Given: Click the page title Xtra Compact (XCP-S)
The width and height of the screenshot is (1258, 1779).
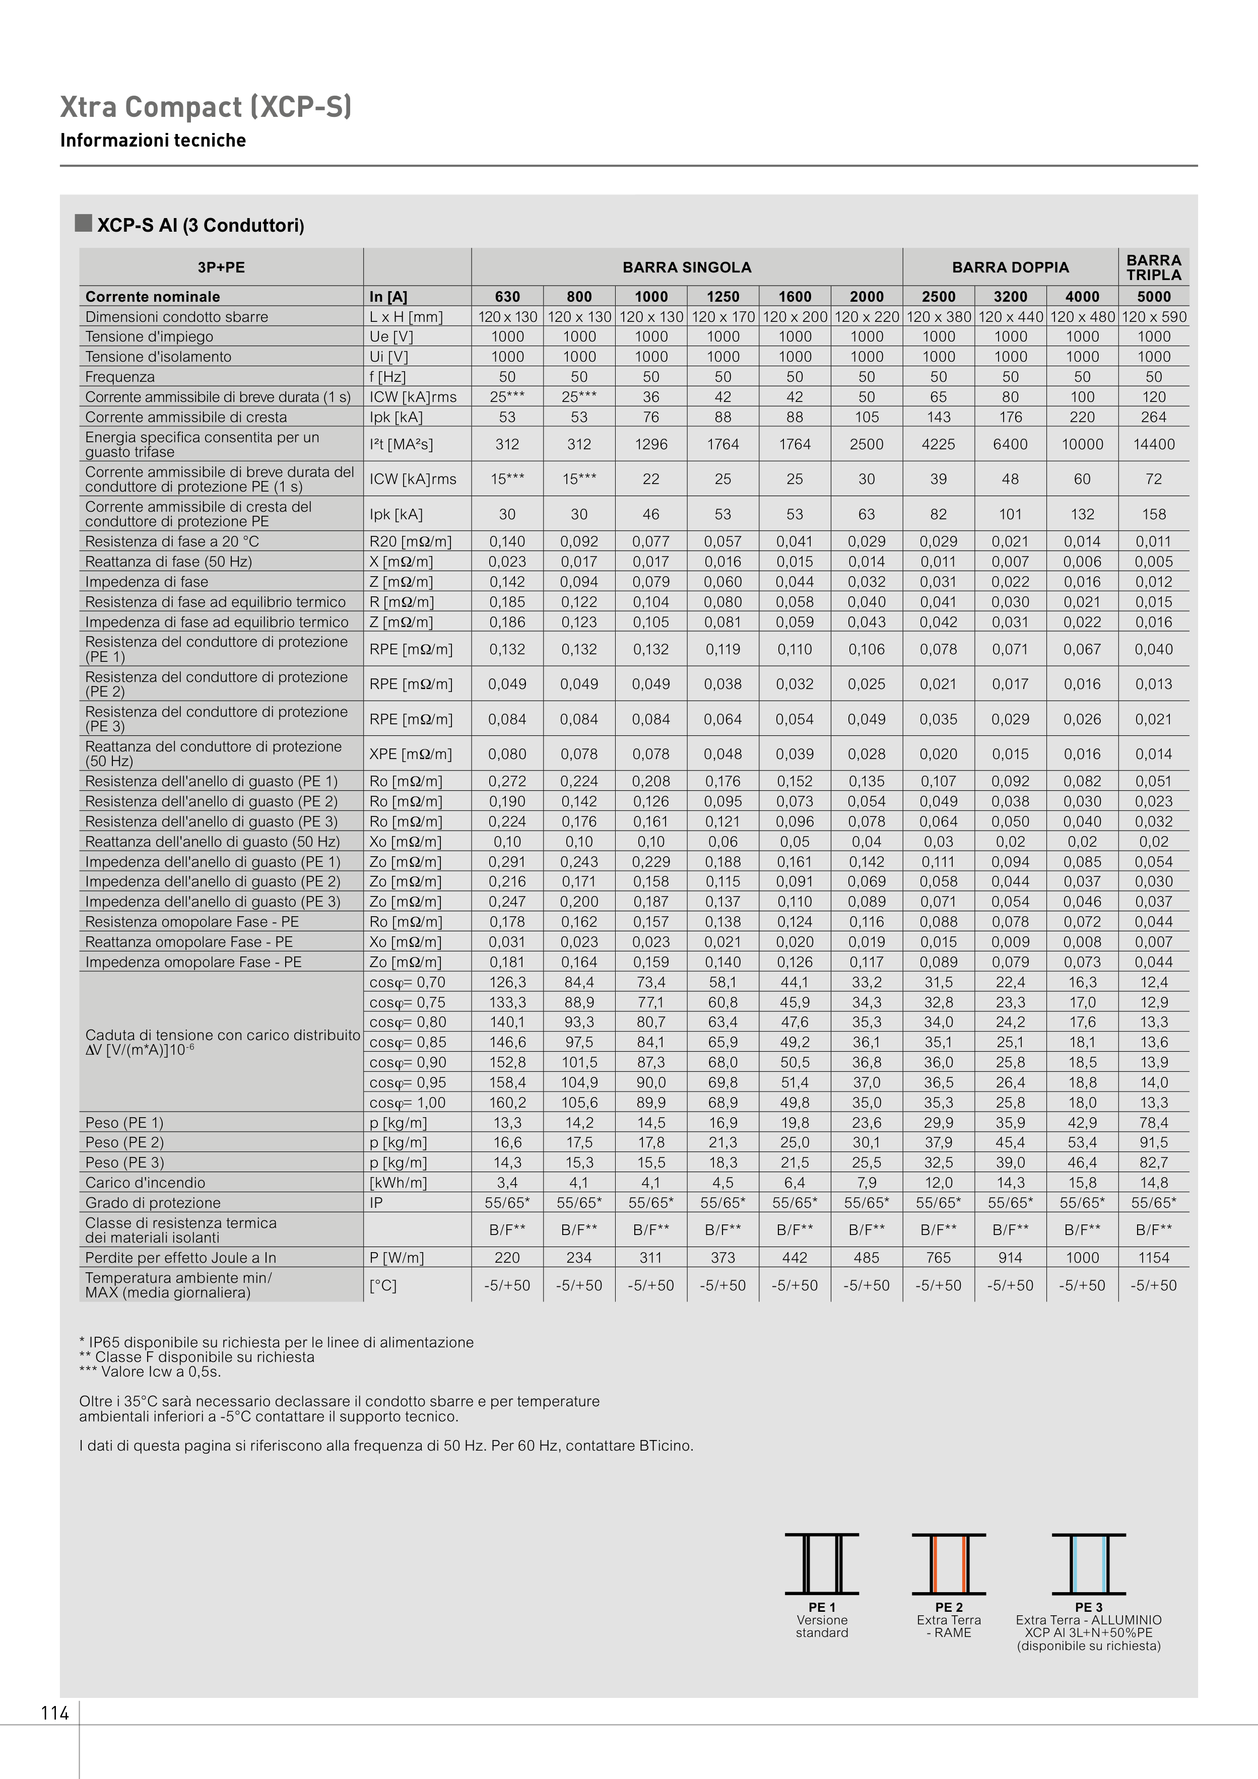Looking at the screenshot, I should tap(206, 107).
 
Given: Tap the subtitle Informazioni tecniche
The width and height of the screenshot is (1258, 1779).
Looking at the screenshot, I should tap(153, 140).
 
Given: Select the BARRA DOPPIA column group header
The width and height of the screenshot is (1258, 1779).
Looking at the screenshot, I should tap(1010, 267).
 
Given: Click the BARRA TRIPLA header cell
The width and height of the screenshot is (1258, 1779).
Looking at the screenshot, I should tap(1153, 267).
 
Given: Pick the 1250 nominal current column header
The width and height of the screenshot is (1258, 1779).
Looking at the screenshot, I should tap(722, 297).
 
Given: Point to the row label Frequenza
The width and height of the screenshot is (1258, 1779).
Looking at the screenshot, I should tap(120, 377).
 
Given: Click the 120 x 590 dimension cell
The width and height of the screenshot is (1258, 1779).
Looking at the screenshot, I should tap(1153, 317).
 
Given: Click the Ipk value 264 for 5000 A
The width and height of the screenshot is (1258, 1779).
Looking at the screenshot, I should tap(1153, 418).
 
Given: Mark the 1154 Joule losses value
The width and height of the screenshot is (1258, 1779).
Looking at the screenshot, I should tap(1153, 1258).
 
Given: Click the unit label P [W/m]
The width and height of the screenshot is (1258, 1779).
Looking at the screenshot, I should tap(396, 1258).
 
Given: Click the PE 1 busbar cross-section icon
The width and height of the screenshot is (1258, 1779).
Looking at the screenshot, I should tap(822, 1563).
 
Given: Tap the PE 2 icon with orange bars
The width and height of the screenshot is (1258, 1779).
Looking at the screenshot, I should tap(949, 1563).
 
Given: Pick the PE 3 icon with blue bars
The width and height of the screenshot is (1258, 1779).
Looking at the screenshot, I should tap(1088, 1563).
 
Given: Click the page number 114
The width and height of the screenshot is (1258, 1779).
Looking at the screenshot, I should tap(55, 1713).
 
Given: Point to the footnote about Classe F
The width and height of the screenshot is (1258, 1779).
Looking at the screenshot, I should tap(197, 1357).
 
